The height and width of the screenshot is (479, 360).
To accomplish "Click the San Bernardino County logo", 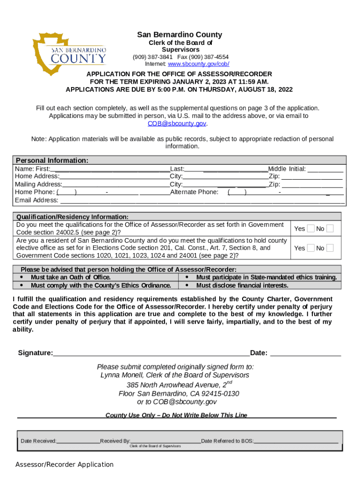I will (70, 54).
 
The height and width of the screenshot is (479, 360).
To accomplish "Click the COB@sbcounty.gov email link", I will (177, 123).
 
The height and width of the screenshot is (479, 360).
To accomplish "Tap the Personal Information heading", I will (52, 160).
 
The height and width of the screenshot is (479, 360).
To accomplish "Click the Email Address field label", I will (37, 200).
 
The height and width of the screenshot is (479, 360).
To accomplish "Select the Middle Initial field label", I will (287, 169).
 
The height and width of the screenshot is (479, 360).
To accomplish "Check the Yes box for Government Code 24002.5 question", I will (311, 228).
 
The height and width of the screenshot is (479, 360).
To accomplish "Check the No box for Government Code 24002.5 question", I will (330, 228).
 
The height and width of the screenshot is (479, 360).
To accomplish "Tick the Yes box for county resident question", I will (311, 248).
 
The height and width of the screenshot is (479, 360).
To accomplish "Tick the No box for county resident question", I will (330, 248).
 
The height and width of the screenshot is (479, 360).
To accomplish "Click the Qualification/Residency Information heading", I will (72, 217).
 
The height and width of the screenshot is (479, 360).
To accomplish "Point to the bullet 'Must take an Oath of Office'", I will (71, 277).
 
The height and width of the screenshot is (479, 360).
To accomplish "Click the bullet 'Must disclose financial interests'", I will (242, 285).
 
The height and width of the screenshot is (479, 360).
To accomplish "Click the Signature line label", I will (35, 353).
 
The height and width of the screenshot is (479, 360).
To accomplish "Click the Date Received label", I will (38, 441).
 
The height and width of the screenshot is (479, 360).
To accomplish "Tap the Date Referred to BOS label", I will (227, 441).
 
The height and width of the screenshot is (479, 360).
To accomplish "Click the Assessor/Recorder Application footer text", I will (65, 464).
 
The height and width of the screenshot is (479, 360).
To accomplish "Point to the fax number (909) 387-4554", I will (209, 57).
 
